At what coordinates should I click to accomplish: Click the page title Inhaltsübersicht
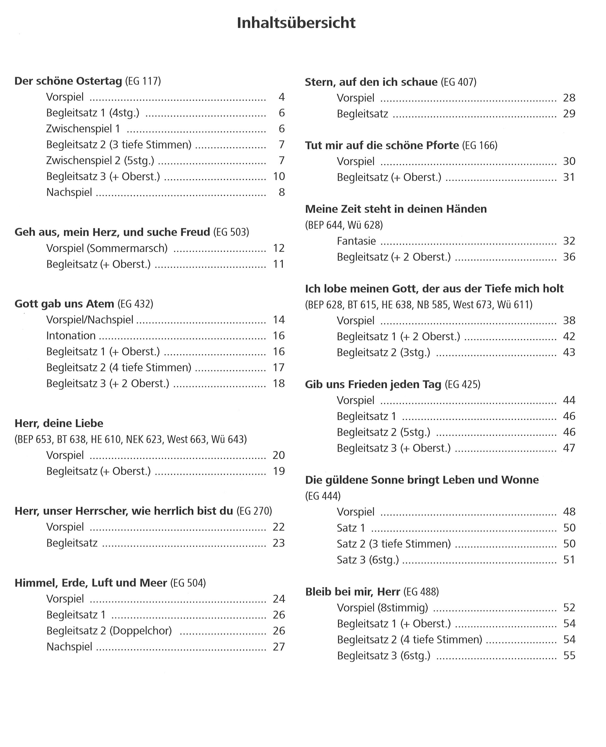pos(296,23)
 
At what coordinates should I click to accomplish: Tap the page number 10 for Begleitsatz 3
pos(279,176)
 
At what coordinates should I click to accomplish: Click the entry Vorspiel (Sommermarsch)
pos(107,248)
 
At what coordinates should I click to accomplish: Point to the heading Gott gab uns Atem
pos(64,304)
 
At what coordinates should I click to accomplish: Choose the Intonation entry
pos(71,335)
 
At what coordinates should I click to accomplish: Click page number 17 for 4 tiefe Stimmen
pos(279,367)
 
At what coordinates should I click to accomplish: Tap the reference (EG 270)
pos(254,511)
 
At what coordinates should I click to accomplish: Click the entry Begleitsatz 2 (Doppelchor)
pos(109,631)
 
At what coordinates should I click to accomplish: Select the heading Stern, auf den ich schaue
pos(371,82)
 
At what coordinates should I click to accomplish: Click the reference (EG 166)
pos(480,145)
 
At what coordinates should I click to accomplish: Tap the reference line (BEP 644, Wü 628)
pos(344,225)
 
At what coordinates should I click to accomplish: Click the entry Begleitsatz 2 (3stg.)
pos(383,352)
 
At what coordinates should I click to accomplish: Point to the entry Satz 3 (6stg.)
pos(368,560)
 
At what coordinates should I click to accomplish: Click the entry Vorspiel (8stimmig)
pos(382,608)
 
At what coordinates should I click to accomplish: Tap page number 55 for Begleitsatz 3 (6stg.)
pos(569,656)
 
